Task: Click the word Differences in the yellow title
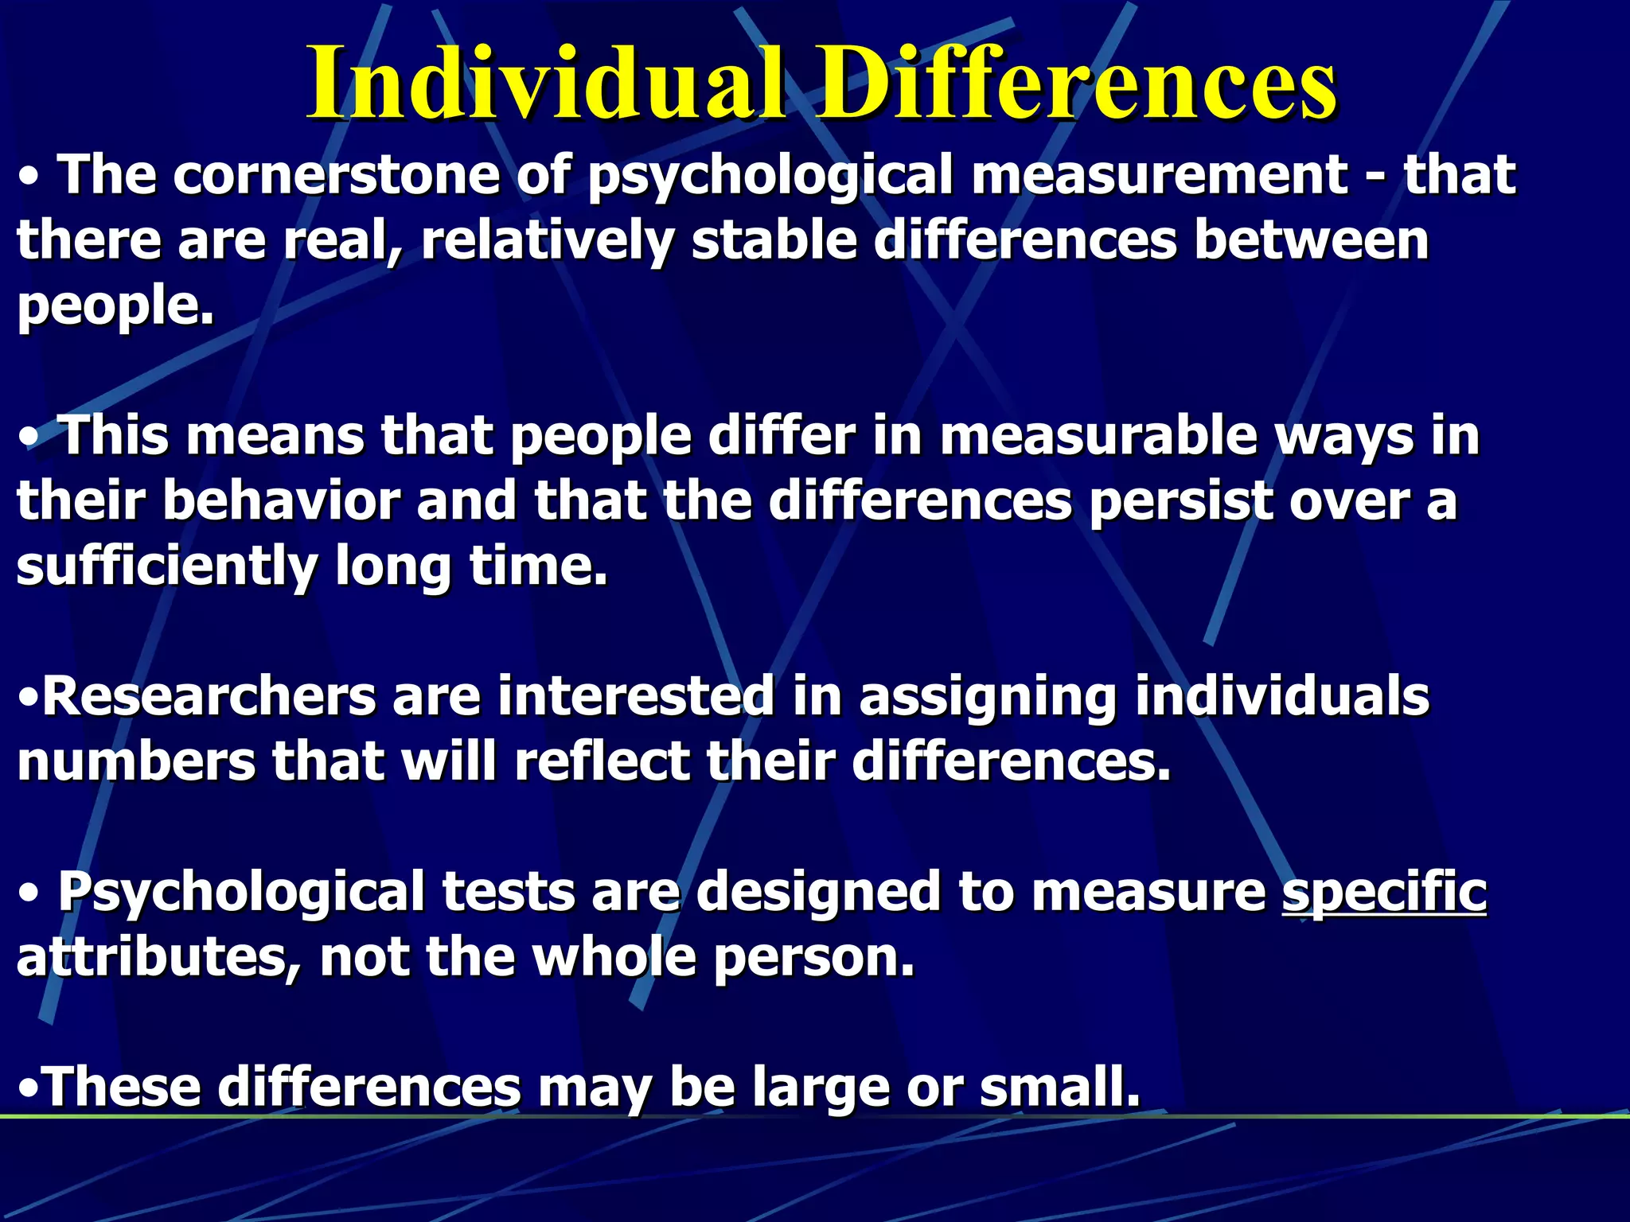1078,84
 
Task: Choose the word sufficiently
167,568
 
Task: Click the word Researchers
209,696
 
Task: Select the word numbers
136,761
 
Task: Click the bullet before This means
29,438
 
